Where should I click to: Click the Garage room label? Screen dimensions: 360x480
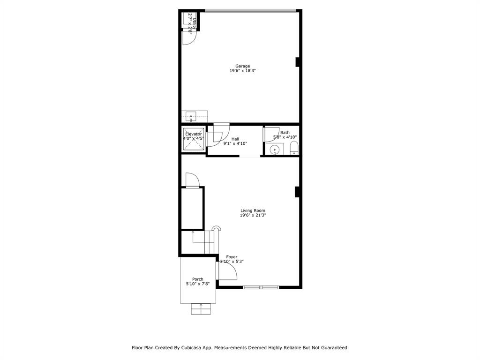click(242, 66)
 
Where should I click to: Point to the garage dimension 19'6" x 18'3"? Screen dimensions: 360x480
click(242, 71)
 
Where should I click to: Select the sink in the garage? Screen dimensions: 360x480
click(191, 116)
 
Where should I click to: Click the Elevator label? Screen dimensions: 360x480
click(193, 134)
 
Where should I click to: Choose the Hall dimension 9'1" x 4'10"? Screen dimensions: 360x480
click(235, 143)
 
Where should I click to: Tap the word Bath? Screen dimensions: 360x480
click(285, 133)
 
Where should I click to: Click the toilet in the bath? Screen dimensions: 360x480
click(294, 149)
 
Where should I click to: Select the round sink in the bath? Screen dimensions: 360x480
click(275, 150)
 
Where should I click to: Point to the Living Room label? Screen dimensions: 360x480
click(253, 210)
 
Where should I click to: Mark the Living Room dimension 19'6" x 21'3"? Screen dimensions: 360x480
click(253, 216)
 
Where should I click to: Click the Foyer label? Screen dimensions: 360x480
click(232, 257)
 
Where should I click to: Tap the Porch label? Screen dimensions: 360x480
click(197, 279)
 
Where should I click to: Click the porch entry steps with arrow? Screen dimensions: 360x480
click(201, 309)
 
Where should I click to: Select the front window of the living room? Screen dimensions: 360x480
click(261, 287)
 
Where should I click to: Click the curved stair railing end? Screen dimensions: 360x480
click(216, 228)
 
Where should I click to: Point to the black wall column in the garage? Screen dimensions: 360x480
click(297, 62)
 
